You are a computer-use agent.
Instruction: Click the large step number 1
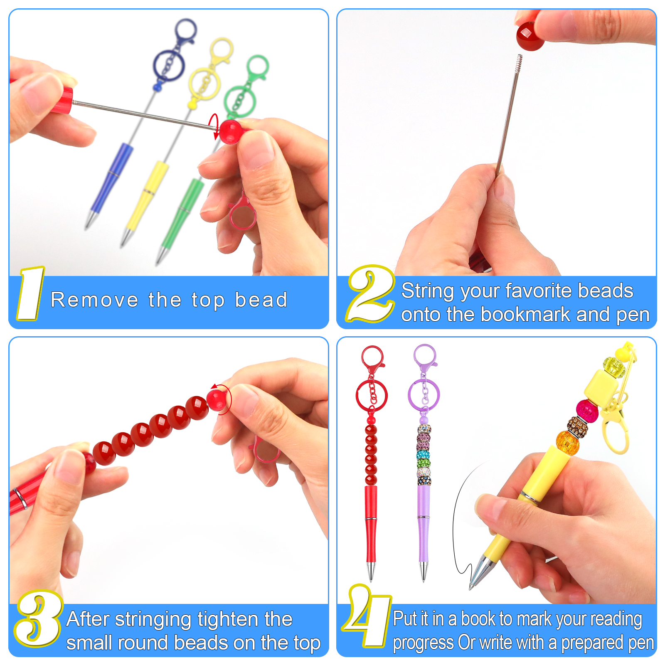30,293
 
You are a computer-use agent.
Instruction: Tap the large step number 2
371,293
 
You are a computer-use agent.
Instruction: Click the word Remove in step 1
94,300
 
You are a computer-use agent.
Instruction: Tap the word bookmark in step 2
525,315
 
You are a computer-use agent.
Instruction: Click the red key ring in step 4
372,395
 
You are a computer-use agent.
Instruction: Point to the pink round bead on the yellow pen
587,411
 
